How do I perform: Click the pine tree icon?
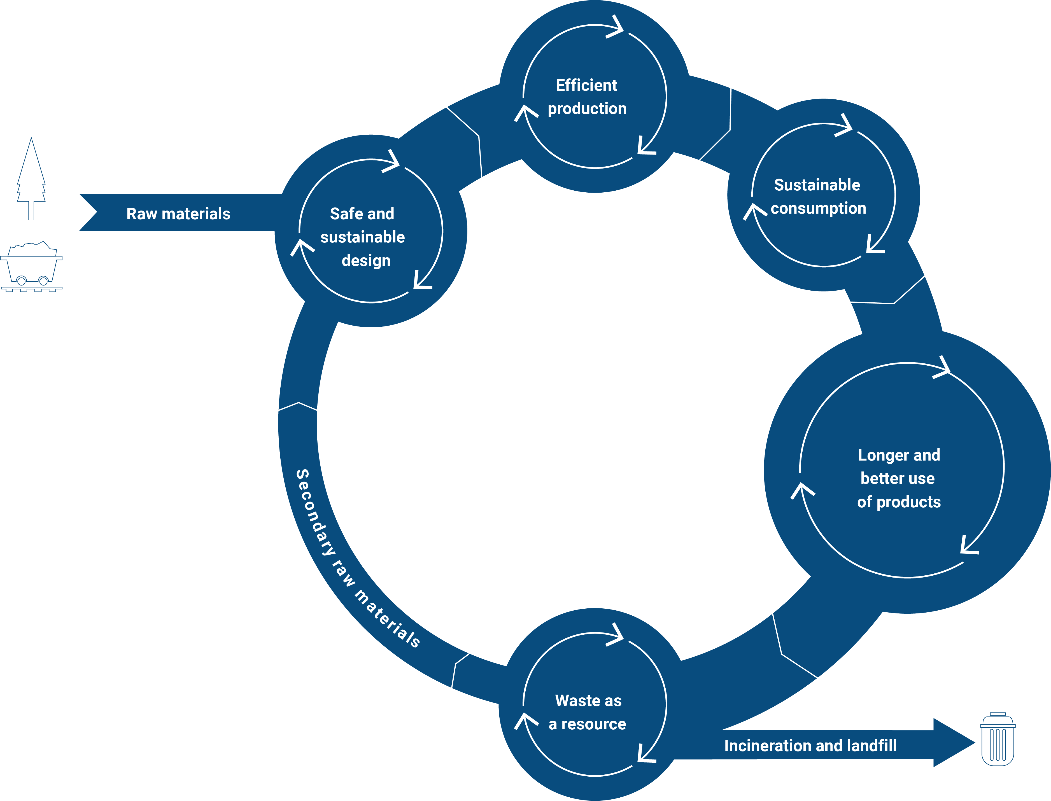31,179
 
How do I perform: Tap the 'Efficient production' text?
587,97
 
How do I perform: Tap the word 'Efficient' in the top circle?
586,85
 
